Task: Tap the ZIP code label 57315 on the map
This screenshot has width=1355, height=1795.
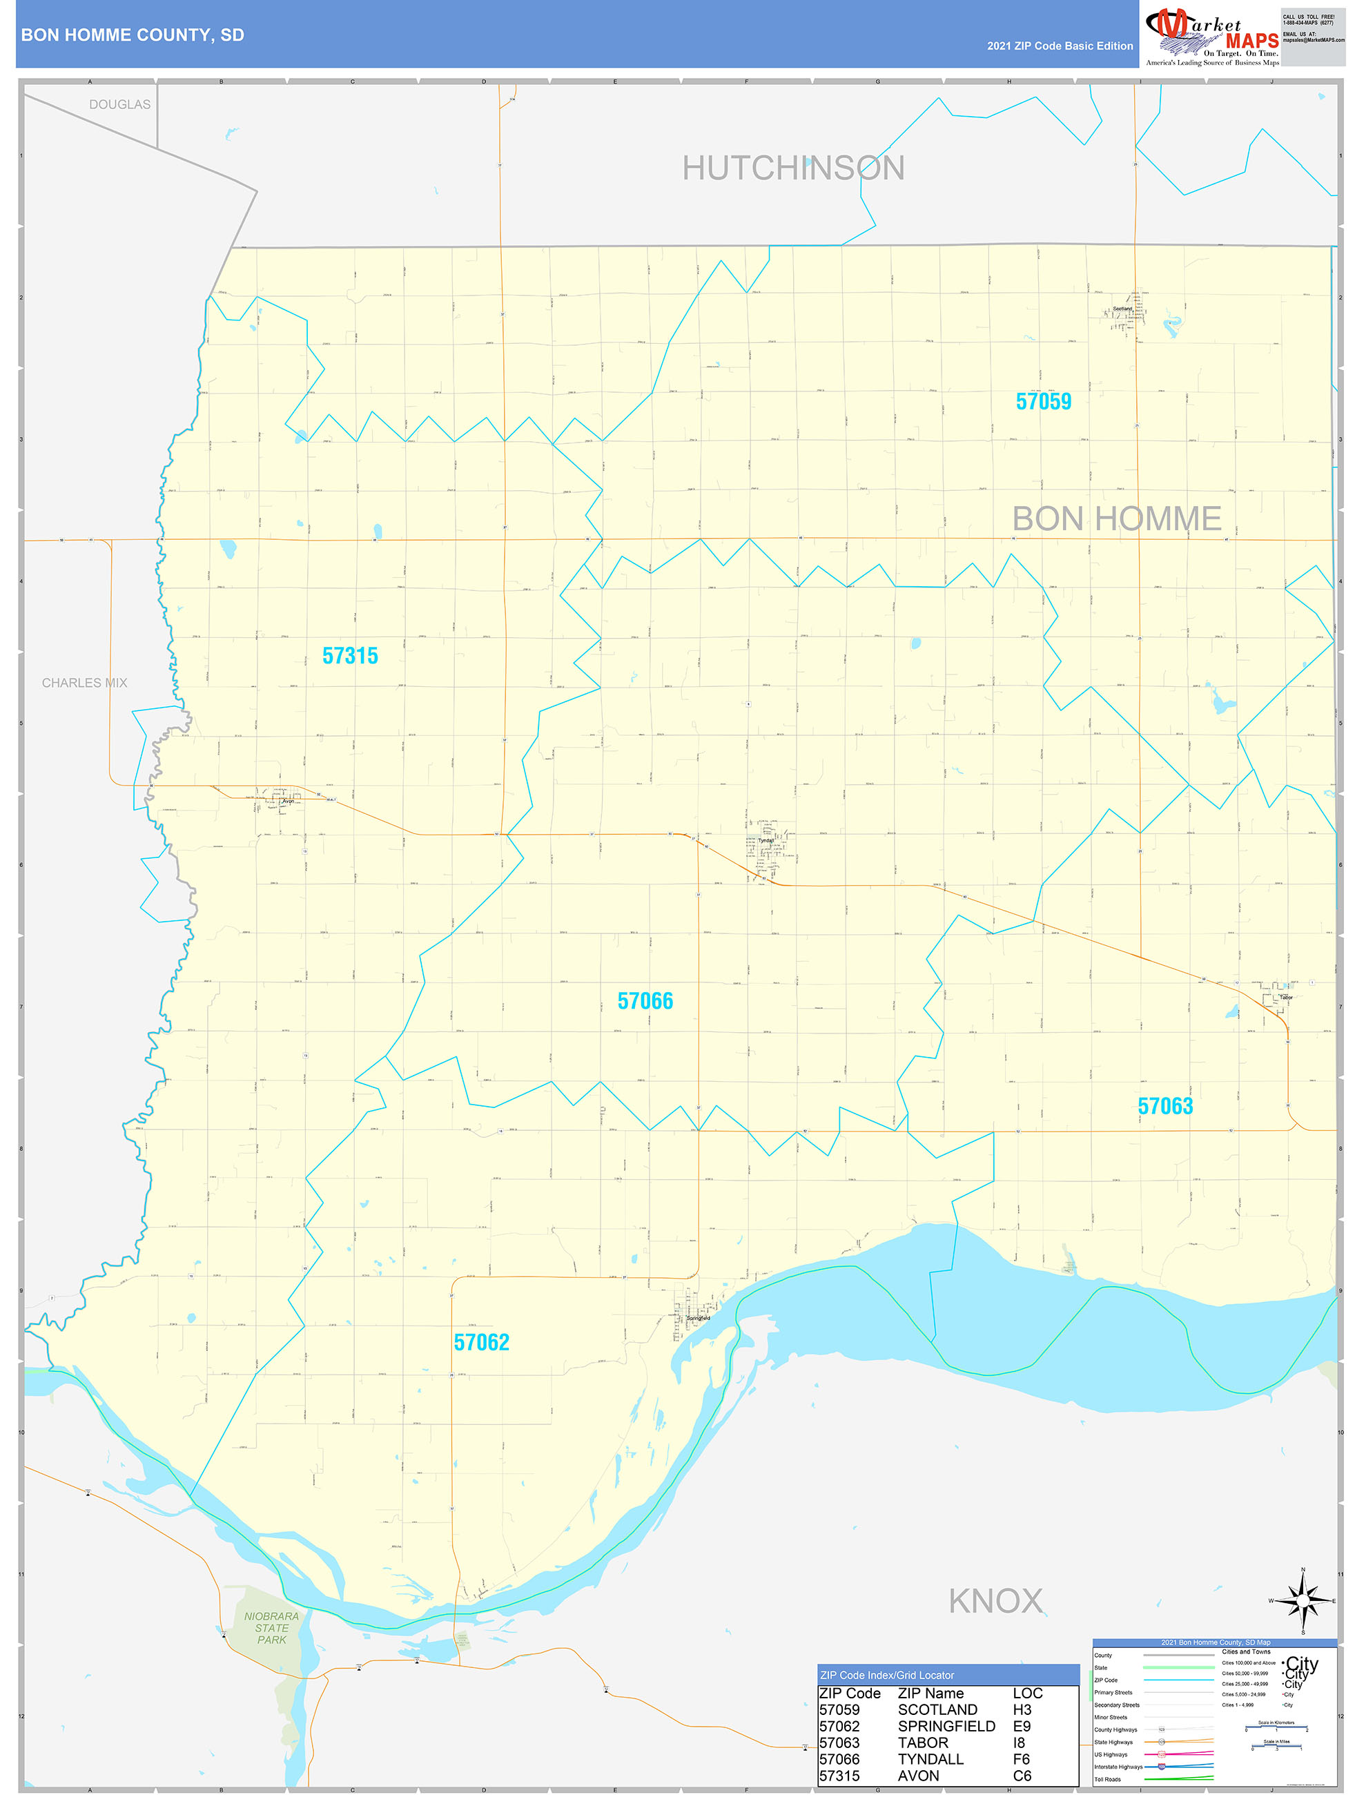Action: point(350,656)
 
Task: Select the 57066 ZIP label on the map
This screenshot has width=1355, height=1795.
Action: point(645,1000)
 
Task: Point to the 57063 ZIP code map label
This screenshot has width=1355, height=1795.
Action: point(1164,1106)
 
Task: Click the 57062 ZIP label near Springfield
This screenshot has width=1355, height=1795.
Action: point(481,1342)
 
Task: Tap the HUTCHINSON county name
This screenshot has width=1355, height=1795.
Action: point(792,168)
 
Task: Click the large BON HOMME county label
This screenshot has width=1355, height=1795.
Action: point(1116,518)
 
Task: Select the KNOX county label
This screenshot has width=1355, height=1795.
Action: point(995,1601)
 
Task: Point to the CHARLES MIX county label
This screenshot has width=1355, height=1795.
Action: point(84,683)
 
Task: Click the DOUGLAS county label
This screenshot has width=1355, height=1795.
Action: point(119,105)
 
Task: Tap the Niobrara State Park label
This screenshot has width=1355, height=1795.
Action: point(272,1628)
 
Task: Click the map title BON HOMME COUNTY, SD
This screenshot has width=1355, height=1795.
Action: point(133,35)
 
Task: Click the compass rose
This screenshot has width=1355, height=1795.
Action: point(1303,1601)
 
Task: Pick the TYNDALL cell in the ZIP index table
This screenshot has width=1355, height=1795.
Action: point(930,1759)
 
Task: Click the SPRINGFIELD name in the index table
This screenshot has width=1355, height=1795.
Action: point(946,1726)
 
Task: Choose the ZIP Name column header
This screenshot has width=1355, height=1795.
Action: point(930,1693)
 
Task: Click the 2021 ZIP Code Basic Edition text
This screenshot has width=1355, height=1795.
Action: point(1060,46)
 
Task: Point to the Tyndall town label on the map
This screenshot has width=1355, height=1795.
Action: point(765,841)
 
